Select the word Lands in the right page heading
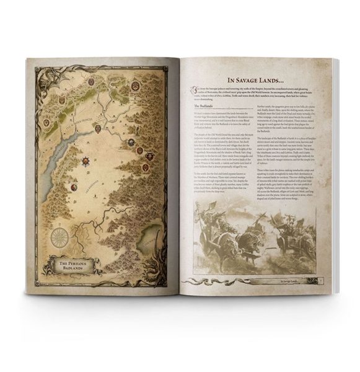pos(281,79)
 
